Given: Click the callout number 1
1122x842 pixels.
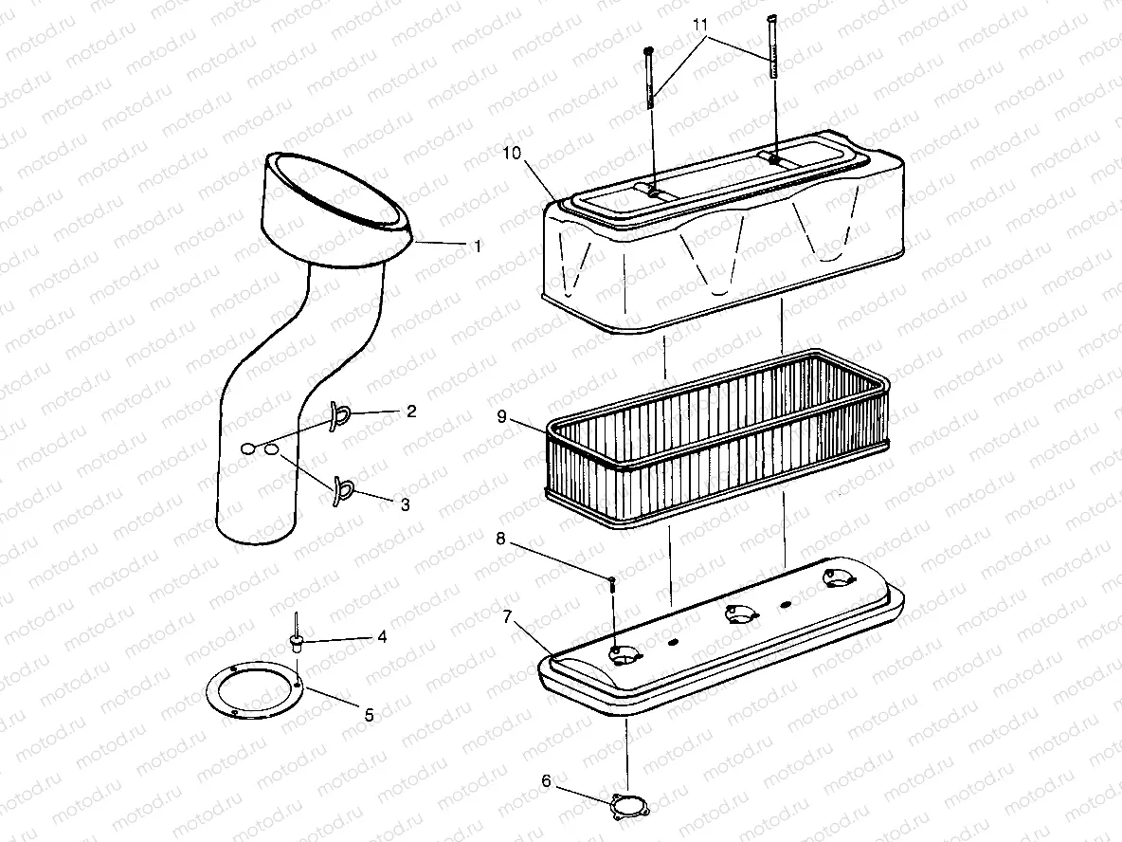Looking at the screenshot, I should pos(479,246).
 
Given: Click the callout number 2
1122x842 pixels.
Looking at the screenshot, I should pos(410,412).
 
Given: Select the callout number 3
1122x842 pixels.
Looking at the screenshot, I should pos(405,505).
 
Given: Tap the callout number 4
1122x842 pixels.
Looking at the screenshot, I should pos(382,637).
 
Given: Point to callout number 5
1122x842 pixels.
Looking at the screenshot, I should pos(370,715).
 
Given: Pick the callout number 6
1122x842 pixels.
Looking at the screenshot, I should pos(546,781).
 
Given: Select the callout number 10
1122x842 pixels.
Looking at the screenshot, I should pos(513,154).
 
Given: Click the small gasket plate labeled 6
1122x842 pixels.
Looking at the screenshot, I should pos(625,807).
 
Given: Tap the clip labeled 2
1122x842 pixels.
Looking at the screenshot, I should pos(340,414).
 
